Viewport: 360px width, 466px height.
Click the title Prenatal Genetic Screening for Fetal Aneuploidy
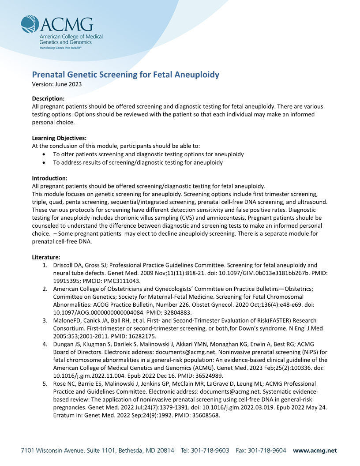pos(126,75)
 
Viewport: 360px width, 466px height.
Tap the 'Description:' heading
pos(49,98)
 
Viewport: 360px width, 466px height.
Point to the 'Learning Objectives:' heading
pos(59,138)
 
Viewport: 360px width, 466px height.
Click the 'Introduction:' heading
pos(50,178)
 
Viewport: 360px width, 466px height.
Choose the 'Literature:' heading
pos(46,257)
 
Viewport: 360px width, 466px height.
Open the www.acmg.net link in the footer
pos(315,451)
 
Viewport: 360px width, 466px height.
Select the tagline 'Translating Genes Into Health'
pos(61,47)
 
